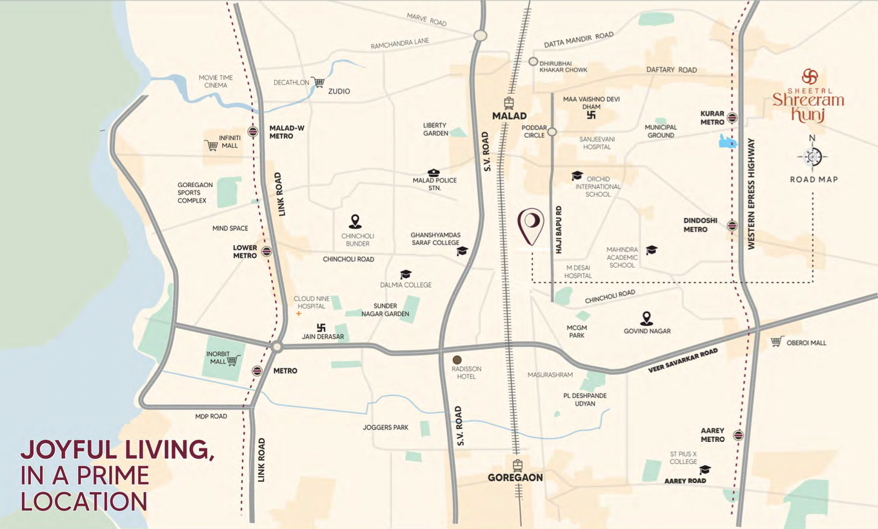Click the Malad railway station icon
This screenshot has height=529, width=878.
pos(510,103)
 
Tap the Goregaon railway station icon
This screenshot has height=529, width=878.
pos(517,466)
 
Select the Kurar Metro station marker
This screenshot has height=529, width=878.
pos(732,117)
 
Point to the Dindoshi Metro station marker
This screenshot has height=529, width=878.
pos(732,226)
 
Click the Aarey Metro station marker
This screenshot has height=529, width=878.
pos(739,435)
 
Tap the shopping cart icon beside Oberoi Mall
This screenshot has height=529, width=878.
pos(777,342)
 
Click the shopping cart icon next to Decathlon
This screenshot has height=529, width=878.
pos(317,83)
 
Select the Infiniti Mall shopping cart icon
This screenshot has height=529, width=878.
pos(211,145)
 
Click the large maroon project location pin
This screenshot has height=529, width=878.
pos(531,226)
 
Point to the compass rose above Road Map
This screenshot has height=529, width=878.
pos(812,156)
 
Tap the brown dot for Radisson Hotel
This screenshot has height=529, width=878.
pos(457,359)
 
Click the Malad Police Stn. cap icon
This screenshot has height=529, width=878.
pos(434,173)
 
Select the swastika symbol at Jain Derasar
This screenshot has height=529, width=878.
pos(321,327)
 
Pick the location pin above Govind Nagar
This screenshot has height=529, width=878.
pos(646,318)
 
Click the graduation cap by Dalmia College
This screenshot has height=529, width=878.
pos(405,275)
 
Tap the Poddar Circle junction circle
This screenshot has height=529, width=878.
pos(552,132)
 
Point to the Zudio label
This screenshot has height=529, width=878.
pos(339,92)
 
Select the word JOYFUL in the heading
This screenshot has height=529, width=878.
pos(63,450)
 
